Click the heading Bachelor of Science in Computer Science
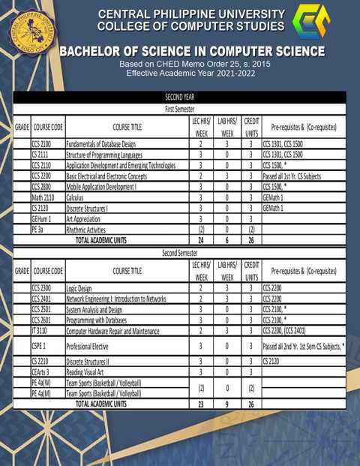192,52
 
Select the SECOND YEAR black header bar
179,97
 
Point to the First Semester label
179,109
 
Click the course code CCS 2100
42,143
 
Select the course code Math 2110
43,197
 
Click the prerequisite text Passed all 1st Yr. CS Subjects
299,176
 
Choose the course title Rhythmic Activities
86,230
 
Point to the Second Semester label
179,253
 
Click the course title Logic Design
80,287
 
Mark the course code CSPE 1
40,346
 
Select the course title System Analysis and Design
94,308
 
